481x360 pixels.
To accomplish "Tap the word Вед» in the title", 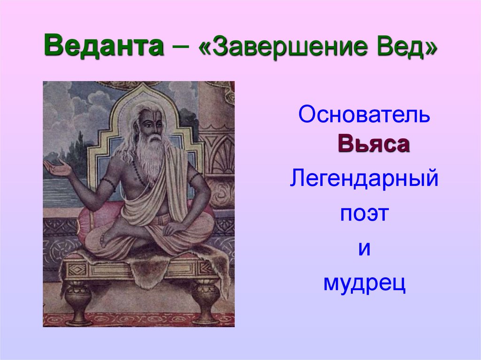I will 407,47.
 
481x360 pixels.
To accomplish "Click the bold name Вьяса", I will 373,145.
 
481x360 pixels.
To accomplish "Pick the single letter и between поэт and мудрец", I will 364,249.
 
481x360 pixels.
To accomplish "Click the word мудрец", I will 364,283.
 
